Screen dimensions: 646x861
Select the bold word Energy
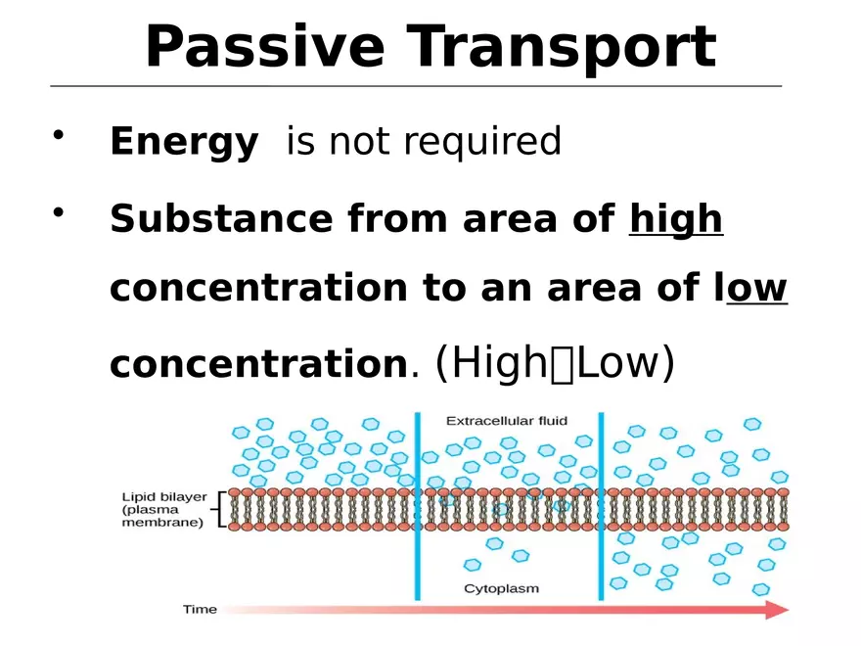[184, 143]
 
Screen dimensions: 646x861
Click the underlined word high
[676, 218]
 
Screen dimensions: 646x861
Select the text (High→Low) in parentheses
[555, 363]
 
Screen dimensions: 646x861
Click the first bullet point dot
[61, 135]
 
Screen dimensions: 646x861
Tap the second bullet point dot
[61, 212]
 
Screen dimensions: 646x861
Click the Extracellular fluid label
[507, 421]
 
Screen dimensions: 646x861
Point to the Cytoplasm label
[501, 588]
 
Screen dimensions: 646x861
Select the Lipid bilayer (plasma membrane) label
[163, 509]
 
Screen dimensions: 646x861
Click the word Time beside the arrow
[200, 610]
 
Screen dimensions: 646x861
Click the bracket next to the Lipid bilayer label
[220, 509]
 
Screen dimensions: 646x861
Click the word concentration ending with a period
[257, 365]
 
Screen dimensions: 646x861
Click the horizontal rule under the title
[416, 86]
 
